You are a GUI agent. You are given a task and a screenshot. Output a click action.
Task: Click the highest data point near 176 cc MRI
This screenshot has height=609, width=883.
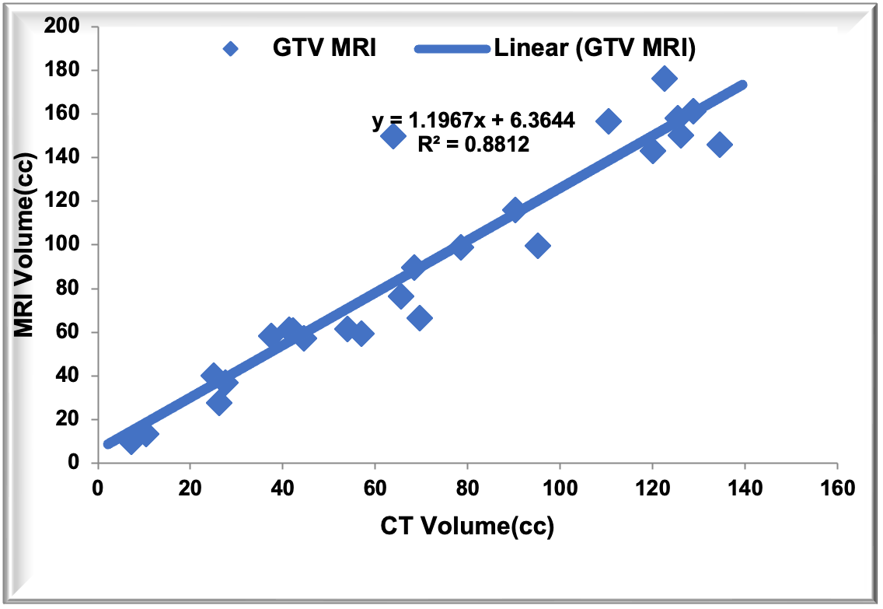(664, 79)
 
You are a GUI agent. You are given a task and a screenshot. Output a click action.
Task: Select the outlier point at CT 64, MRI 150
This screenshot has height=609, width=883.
(394, 137)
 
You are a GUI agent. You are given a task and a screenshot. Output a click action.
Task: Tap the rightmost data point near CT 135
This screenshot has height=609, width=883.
(720, 145)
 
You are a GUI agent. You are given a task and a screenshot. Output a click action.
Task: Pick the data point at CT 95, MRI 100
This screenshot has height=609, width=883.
(537, 246)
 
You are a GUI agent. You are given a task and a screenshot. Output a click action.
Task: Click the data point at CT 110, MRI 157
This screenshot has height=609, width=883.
(608, 121)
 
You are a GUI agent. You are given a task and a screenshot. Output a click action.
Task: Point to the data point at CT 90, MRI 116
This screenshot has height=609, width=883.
(514, 210)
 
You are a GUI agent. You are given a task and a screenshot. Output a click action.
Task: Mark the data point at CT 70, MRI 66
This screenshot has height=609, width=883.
(420, 318)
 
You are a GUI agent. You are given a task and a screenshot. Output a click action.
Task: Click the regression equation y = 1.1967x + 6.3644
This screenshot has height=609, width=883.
(473, 121)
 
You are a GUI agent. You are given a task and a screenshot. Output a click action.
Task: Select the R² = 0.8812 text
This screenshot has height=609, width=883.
(473, 144)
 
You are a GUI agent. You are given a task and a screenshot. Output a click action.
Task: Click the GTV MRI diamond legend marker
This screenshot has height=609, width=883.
(229, 49)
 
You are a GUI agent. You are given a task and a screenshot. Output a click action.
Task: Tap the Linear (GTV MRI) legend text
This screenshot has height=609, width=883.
(595, 49)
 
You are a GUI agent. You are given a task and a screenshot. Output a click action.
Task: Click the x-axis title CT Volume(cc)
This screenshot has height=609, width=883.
(467, 527)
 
